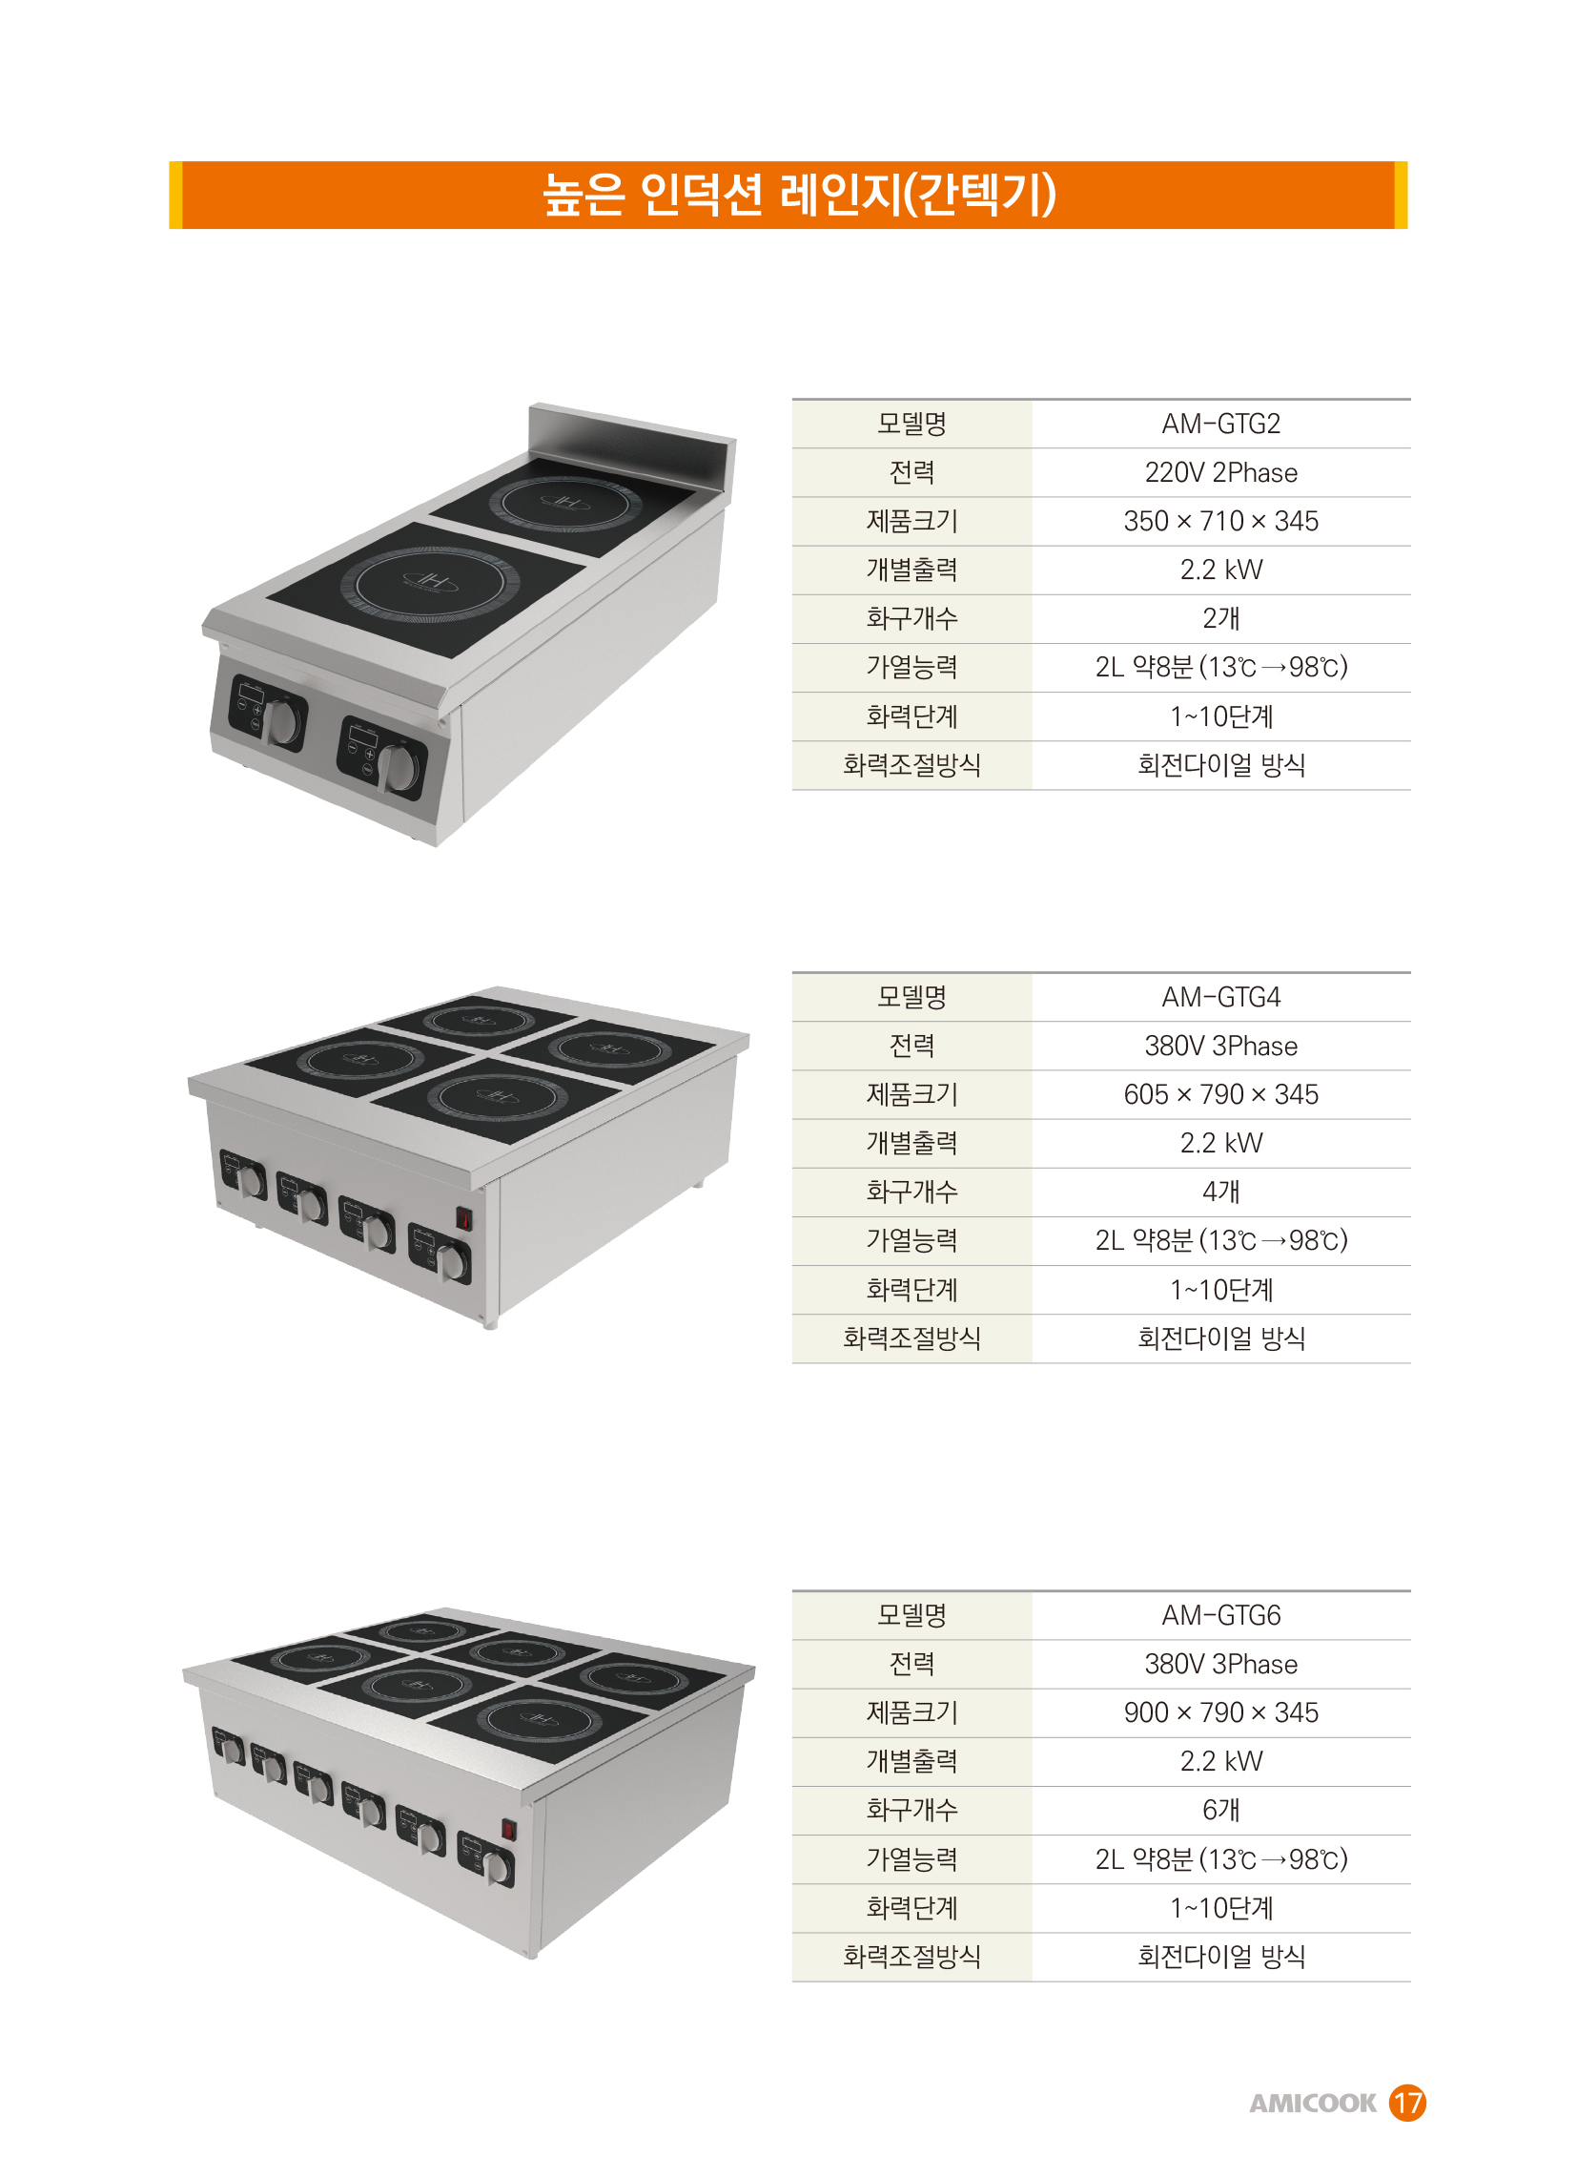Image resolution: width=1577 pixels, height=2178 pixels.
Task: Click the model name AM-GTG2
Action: (x=1221, y=424)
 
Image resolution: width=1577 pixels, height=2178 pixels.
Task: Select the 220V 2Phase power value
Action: (x=1221, y=472)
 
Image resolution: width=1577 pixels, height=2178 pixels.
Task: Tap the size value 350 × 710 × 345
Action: (x=1221, y=522)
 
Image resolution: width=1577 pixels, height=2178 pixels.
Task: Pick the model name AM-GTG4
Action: (x=1221, y=997)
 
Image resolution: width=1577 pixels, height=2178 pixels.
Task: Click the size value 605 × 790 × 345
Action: (x=1221, y=1095)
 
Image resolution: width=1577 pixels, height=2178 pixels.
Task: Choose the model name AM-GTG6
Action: (x=1221, y=1615)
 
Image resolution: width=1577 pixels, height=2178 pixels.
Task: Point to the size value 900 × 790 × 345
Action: (x=1221, y=1713)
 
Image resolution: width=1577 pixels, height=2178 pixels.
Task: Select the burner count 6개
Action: (x=1221, y=1810)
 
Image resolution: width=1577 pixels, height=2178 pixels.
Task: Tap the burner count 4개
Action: (x=1221, y=1192)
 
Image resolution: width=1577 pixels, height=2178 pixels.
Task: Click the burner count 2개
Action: (x=1221, y=618)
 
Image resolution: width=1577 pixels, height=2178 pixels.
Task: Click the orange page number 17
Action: (x=1407, y=2103)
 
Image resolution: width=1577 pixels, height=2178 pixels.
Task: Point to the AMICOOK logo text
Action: (x=1312, y=2104)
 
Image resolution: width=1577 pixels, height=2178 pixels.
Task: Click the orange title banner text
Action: (x=800, y=195)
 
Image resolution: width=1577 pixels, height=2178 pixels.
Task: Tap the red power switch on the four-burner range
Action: (x=463, y=1218)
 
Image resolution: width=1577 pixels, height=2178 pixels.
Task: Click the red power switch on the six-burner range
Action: (x=509, y=1830)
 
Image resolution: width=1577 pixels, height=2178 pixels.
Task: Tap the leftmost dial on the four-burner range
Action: (x=253, y=1181)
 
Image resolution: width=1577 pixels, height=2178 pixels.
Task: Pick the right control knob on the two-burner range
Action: (x=399, y=767)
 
